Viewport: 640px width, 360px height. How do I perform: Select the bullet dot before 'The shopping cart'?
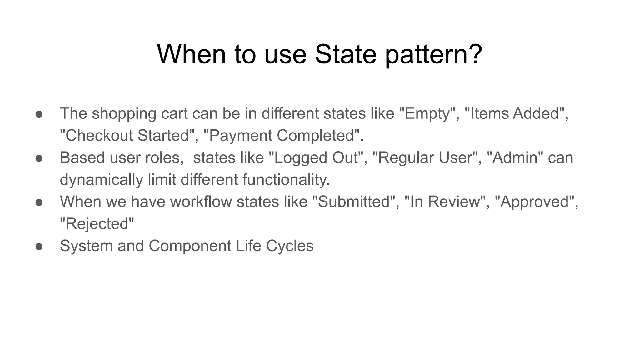point(39,114)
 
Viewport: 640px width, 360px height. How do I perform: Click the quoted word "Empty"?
point(427,113)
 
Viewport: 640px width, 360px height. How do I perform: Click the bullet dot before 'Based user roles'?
point(39,158)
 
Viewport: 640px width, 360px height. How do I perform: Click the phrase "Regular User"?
point(425,157)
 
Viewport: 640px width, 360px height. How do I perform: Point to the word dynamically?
point(101,180)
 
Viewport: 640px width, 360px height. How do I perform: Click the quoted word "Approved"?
point(535,202)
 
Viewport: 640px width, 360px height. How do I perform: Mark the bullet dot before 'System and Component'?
point(39,246)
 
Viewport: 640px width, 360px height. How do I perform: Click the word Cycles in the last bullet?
point(290,246)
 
